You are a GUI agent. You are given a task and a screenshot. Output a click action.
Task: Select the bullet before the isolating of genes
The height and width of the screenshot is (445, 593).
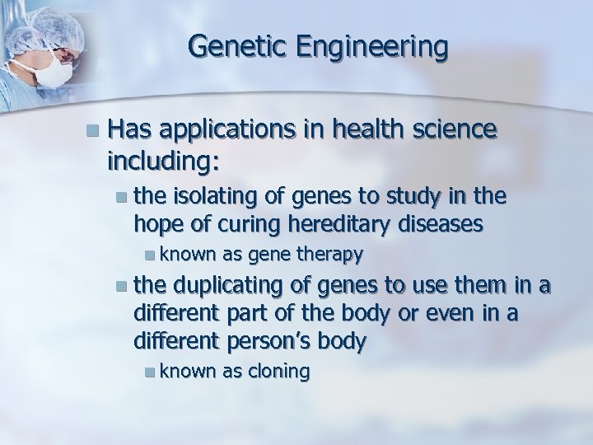122,195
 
